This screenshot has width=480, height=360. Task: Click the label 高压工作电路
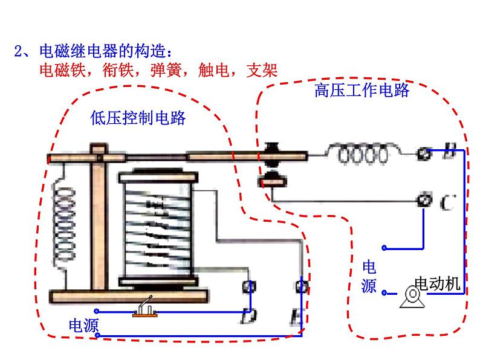[362, 91]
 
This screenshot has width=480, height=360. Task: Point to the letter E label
[298, 316]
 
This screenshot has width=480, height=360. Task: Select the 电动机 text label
[438, 283]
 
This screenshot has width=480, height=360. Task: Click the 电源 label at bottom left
[83, 327]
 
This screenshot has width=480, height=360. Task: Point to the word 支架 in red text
[262, 70]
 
